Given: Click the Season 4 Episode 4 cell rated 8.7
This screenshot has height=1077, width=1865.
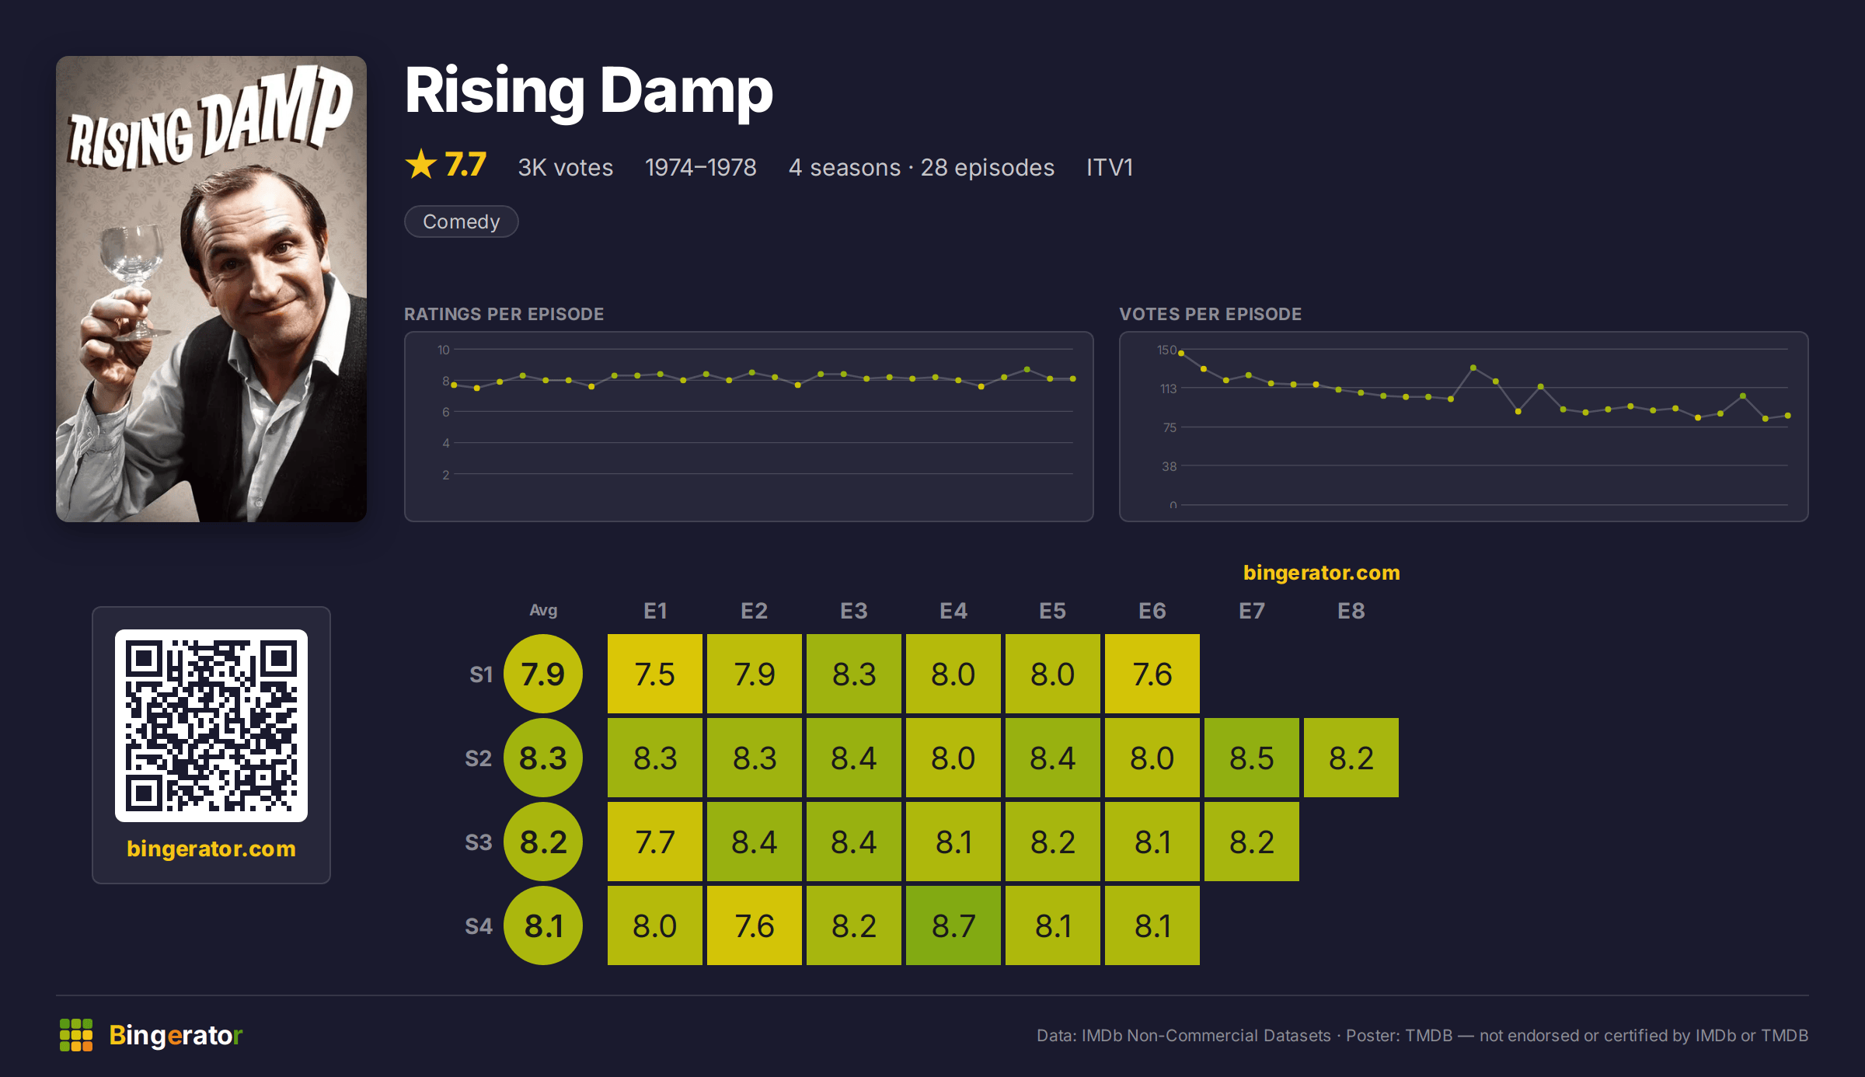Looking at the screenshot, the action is (x=953, y=925).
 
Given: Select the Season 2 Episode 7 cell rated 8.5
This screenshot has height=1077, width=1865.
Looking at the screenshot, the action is (x=1252, y=758).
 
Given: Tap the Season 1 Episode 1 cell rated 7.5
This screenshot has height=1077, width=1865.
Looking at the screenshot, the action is (x=655, y=674).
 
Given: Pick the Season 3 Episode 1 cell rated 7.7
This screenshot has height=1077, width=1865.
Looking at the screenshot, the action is (x=655, y=842).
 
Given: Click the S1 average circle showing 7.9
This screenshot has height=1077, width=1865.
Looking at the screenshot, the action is (x=543, y=674).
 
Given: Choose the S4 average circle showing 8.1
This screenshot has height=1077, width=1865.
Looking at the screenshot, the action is (x=543, y=925).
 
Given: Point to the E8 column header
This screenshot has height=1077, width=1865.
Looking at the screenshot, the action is (x=1351, y=611).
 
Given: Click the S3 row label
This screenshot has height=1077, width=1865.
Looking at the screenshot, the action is (x=479, y=842).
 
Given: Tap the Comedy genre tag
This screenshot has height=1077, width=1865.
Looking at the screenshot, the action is (x=462, y=221).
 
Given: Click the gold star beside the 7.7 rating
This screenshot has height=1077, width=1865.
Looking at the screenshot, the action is (x=421, y=164).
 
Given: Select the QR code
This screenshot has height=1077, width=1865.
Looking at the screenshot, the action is (x=211, y=726).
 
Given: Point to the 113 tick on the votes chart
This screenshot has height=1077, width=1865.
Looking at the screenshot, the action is (x=1168, y=389).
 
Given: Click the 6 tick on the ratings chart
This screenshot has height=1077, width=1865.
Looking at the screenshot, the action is (x=446, y=412).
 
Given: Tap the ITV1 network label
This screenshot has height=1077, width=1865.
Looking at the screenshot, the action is (x=1110, y=167).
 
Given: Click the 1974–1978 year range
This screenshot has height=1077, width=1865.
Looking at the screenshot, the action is (x=701, y=167).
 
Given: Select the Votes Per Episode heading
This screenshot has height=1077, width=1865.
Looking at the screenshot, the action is (x=1211, y=314).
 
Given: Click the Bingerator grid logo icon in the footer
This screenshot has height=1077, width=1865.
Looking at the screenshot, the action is (x=76, y=1035).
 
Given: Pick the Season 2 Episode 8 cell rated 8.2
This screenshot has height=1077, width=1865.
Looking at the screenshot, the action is (x=1351, y=758).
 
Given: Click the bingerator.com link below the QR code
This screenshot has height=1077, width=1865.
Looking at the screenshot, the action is (x=211, y=849).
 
